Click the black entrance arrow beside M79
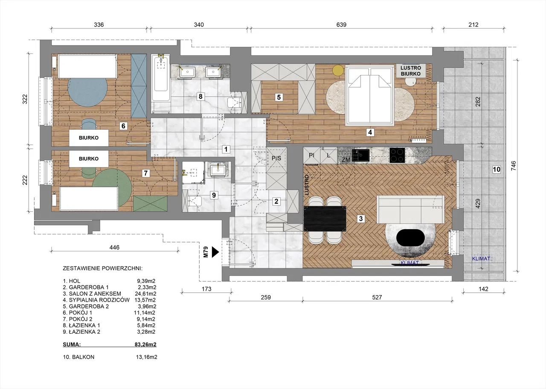pos(215,252)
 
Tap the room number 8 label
pos(200,96)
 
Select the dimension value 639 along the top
pos(341,25)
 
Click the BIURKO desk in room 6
pos(89,138)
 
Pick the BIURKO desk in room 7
pos(89,159)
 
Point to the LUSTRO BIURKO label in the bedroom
pos(411,71)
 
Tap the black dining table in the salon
pos(325,219)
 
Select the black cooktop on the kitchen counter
pos(397,155)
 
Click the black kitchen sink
pos(361,156)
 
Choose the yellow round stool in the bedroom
pos(338,70)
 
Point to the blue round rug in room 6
pos(87,92)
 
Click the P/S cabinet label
pos(276,158)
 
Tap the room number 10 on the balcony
pos(497,169)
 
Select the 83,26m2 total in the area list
pos(145,344)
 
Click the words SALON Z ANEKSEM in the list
pos(95,294)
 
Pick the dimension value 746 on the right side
pos(514,166)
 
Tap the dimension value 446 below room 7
pos(114,247)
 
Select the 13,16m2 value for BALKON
pos(146,357)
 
